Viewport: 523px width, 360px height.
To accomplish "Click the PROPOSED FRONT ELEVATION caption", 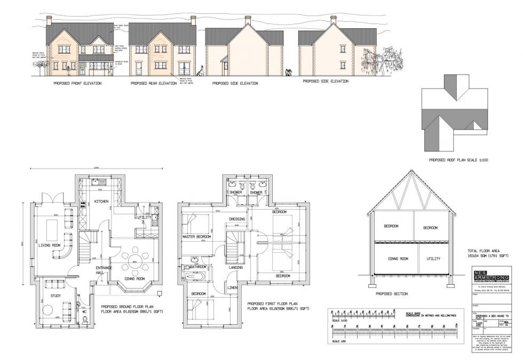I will pyautogui.click(x=78, y=84).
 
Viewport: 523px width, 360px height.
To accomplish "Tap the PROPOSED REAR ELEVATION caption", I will pyautogui.click(x=153, y=84).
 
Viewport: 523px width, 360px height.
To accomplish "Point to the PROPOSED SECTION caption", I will pyautogui.click(x=392, y=294).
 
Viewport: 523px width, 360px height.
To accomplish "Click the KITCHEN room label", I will pyautogui.click(x=101, y=201).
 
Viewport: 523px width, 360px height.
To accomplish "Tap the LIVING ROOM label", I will pyautogui.click(x=49, y=245).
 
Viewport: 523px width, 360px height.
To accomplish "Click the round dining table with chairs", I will pyautogui.click(x=134, y=261).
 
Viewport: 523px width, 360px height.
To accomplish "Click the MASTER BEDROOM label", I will pyautogui.click(x=195, y=236).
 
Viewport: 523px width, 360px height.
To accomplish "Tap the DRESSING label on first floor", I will pyautogui.click(x=237, y=219).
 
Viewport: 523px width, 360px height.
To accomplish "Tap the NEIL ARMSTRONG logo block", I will pyautogui.click(x=490, y=278).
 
